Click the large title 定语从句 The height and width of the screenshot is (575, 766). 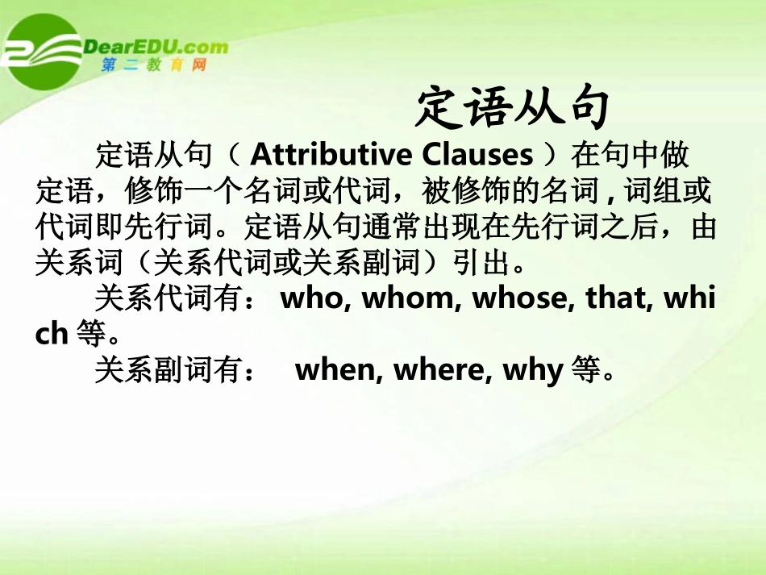pos(511,108)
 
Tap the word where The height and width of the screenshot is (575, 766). pos(439,371)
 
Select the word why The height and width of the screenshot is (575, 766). pos(532,371)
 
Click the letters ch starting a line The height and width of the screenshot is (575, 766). pos(51,334)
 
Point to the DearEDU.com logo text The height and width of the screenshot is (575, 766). pos(156,46)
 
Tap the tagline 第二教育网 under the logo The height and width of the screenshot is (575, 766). pos(154,65)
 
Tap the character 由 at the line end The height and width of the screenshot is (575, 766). pos(704,227)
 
